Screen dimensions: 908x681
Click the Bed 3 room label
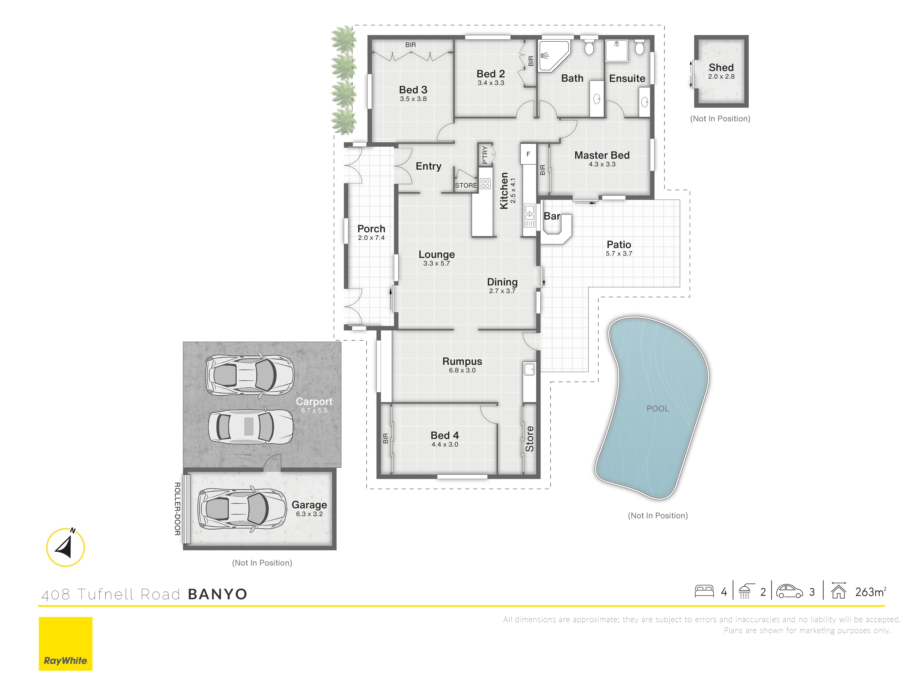click(x=413, y=90)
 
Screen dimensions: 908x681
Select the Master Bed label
click(x=602, y=155)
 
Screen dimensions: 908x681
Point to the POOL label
click(x=658, y=408)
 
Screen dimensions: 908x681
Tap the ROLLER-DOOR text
click(x=177, y=509)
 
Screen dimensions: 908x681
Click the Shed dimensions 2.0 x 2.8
click(x=721, y=76)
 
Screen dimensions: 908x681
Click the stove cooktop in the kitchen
click(x=485, y=183)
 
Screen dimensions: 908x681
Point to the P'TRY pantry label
click(x=485, y=155)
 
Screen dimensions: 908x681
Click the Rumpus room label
click(x=462, y=361)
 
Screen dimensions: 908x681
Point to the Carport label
click(x=314, y=402)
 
